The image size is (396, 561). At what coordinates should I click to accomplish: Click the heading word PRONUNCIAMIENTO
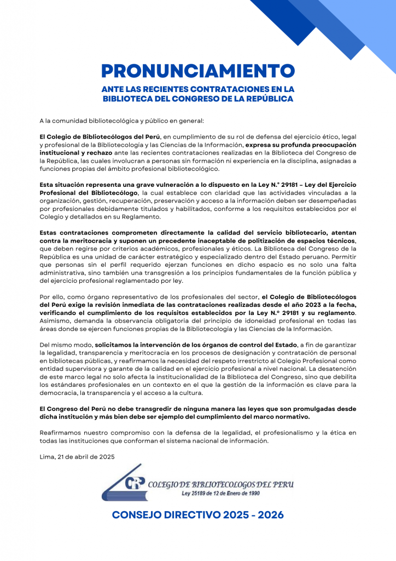(198, 71)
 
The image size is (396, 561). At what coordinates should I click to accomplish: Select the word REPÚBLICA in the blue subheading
(264, 99)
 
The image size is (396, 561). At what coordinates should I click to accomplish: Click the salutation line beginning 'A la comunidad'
(121, 120)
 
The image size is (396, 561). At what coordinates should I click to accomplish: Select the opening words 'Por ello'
(51, 298)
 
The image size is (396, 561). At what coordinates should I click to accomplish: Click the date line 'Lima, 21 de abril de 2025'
(77, 456)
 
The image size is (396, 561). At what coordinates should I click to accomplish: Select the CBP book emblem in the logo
(127, 482)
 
